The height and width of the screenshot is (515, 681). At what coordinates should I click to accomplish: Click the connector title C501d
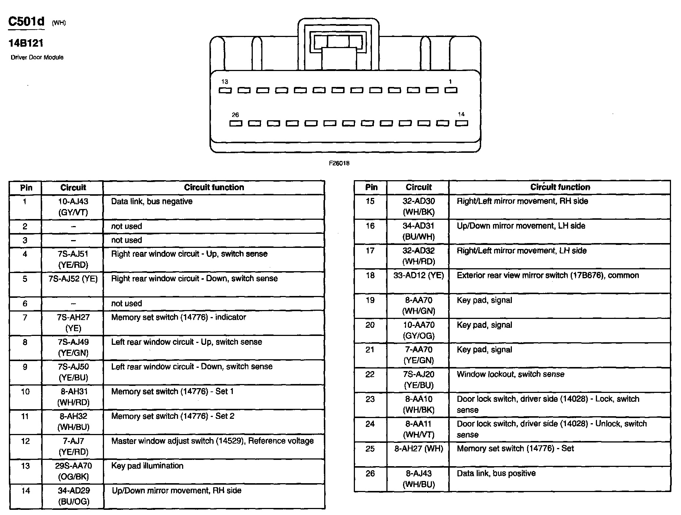coord(26,22)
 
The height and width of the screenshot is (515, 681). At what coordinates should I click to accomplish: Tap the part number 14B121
coord(26,43)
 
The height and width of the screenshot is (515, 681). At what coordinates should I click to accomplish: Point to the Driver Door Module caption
coord(37,57)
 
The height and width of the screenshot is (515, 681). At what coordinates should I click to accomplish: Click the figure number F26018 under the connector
coord(339,163)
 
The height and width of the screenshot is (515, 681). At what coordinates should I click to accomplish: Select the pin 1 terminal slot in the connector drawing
coord(451,90)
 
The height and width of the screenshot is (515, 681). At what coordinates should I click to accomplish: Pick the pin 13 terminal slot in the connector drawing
coord(225,90)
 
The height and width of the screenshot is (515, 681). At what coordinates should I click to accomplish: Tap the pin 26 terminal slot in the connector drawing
coord(236,123)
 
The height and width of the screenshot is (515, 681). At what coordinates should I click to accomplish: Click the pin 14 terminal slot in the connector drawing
coord(462,123)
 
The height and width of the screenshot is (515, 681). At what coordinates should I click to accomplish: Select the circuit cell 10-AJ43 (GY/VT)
coord(73,207)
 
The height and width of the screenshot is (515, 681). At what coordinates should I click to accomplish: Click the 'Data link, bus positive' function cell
coord(496,474)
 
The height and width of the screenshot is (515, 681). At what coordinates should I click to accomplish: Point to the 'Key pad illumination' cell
coord(147,466)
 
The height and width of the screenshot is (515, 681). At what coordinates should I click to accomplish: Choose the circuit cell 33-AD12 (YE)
coord(419,275)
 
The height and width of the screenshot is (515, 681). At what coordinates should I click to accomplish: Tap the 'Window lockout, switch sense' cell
coord(510,374)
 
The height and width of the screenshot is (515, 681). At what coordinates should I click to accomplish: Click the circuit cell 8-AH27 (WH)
coord(419,449)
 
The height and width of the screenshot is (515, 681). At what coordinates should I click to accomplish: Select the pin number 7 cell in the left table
coord(25,317)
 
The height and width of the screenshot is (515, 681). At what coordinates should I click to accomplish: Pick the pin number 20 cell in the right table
coord(370,325)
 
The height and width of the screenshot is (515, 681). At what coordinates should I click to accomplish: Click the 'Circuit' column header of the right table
coord(419,187)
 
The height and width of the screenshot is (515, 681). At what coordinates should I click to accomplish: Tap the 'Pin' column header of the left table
coord(26,188)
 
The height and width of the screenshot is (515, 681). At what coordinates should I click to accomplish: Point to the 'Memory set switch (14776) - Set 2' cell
coord(172,416)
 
